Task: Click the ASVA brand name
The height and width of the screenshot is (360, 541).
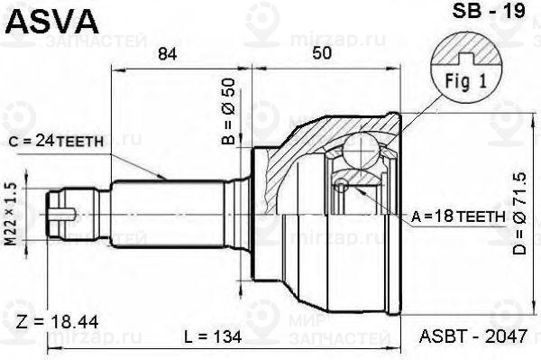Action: pos(41,19)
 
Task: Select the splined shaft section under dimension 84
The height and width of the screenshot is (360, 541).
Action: pos(180,214)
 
